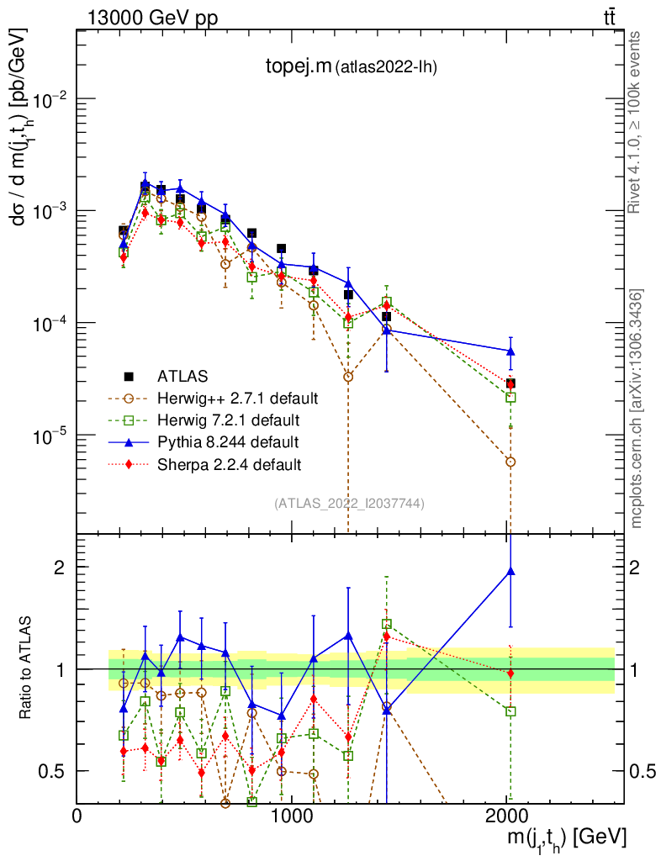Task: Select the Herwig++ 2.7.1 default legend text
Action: point(237,398)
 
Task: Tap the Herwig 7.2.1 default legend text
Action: point(228,420)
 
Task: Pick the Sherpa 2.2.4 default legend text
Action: point(229,463)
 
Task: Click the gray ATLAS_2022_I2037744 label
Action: point(348,504)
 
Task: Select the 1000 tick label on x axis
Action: point(292,816)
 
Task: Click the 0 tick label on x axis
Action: point(77,816)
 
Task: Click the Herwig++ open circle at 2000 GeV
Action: point(510,462)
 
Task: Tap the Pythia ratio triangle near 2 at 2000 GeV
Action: point(510,572)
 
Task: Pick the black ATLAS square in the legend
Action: point(129,376)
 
